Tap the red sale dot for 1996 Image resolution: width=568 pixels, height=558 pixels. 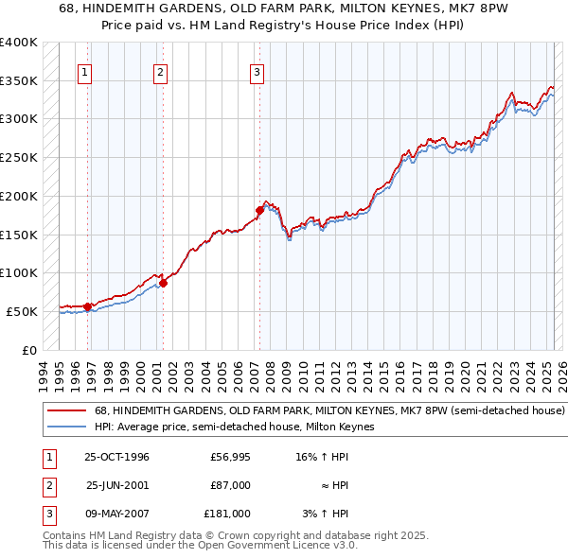click(x=88, y=305)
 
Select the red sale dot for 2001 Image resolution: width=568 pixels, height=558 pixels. click(x=163, y=282)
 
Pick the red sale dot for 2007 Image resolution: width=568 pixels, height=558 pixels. click(x=259, y=210)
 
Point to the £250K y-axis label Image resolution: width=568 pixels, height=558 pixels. click(x=19, y=157)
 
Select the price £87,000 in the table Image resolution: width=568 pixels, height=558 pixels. click(x=231, y=485)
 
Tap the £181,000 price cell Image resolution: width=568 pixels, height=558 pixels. click(x=227, y=514)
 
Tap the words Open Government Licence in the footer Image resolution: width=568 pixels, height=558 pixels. click(x=268, y=546)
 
